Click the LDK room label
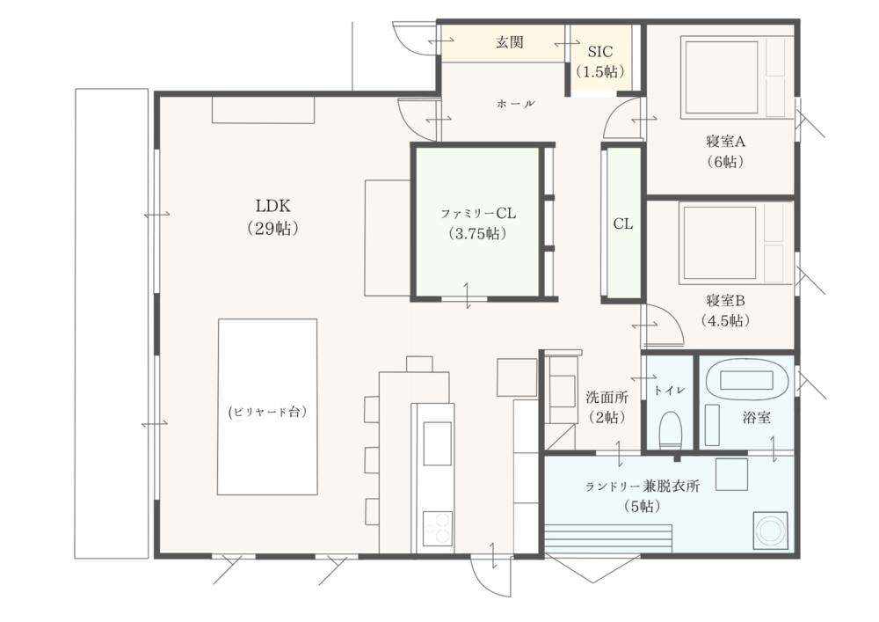273,216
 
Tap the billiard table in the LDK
267,407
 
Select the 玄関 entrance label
510,42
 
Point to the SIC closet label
599,61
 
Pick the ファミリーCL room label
477,223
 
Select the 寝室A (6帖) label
725,151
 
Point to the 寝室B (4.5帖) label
725,311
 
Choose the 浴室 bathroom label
756,417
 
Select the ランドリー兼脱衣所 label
643,496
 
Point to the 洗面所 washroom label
607,407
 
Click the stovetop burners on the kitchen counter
437,529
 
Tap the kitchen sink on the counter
437,443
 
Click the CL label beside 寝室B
623,223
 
